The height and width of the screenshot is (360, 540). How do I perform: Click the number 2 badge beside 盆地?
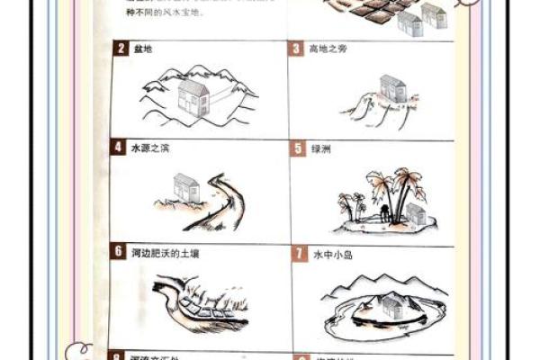click(121, 49)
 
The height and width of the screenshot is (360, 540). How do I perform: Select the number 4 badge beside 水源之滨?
click(119, 148)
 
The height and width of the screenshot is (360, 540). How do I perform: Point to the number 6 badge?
click(119, 252)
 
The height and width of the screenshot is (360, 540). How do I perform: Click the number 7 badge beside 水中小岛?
click(299, 255)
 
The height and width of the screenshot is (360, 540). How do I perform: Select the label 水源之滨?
click(150, 148)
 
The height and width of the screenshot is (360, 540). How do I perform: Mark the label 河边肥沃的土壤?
click(166, 253)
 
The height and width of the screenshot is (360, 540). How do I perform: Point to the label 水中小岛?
click(333, 255)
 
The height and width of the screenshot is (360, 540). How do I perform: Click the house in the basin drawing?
click(193, 96)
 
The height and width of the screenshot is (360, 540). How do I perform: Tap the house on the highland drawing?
click(392, 87)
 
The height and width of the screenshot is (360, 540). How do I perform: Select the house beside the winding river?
click(186, 188)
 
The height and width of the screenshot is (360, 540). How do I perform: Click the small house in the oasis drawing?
click(415, 213)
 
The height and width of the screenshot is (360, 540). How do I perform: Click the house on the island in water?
click(392, 306)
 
